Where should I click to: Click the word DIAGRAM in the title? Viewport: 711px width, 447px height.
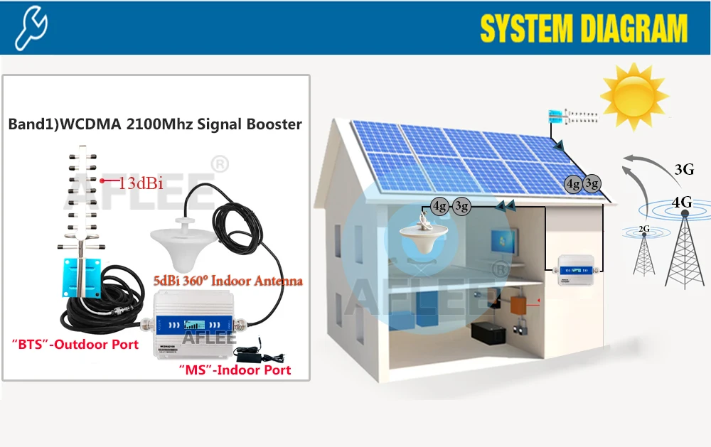[x=632, y=28]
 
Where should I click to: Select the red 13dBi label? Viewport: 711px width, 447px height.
[x=141, y=183]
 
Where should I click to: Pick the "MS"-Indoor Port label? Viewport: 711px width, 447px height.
[x=235, y=370]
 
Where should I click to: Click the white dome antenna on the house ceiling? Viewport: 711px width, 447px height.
[x=419, y=231]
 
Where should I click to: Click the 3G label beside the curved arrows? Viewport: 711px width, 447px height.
[x=683, y=169]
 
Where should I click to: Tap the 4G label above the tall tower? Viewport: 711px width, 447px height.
[x=682, y=203]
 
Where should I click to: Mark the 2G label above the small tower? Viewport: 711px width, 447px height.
[x=644, y=229]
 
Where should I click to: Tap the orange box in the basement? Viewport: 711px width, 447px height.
[x=518, y=304]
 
